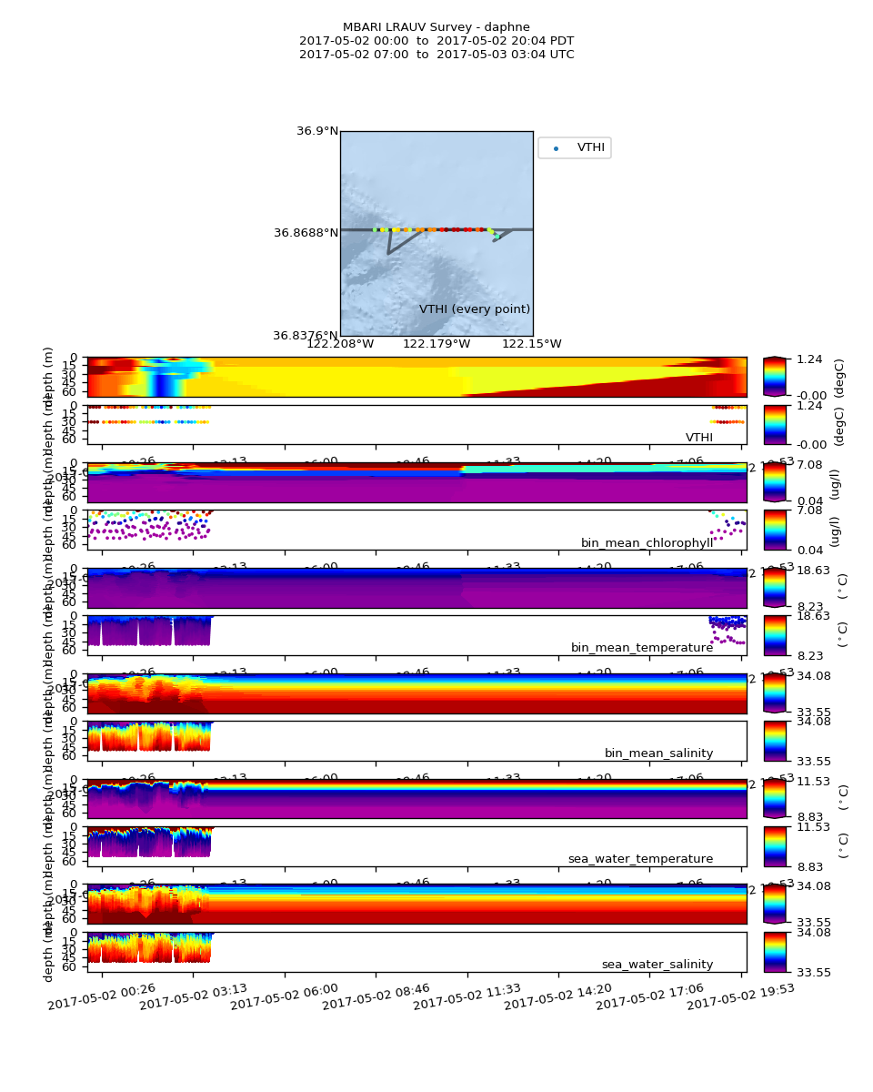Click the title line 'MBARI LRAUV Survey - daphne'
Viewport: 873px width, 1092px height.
[x=436, y=27]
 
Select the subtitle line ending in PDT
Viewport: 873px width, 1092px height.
[x=436, y=41]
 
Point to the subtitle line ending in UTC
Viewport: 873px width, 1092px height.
[x=436, y=55]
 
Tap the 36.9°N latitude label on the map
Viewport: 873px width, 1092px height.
[x=317, y=131]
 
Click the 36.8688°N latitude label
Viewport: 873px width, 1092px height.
[x=306, y=233]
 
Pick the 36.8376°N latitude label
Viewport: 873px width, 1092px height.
[x=306, y=335]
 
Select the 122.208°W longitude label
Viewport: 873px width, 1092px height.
[x=340, y=344]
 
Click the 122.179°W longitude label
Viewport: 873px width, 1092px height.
[x=436, y=344]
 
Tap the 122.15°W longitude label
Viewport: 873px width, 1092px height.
[x=532, y=344]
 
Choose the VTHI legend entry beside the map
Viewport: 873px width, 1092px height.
[x=590, y=147]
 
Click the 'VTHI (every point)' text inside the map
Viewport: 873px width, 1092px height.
[x=475, y=309]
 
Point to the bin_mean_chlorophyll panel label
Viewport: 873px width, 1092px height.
[x=647, y=543]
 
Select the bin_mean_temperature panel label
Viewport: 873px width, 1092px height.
[x=642, y=648]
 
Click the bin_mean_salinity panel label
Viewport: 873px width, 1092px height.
[x=658, y=753]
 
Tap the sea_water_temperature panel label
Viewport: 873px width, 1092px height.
[x=640, y=859]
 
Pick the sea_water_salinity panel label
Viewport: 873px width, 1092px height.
[x=657, y=965]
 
